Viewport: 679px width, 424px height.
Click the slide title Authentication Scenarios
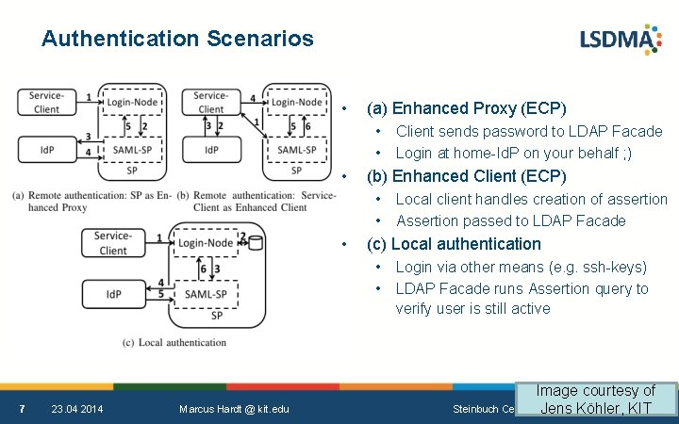point(177,39)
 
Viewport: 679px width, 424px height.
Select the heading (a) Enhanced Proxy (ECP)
point(466,107)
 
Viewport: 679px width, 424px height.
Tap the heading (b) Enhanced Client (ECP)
point(466,176)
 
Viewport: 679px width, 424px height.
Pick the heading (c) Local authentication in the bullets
point(454,244)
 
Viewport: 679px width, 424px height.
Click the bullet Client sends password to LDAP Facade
point(529,131)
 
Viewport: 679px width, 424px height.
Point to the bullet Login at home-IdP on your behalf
point(514,153)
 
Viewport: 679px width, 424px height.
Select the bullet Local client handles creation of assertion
point(531,199)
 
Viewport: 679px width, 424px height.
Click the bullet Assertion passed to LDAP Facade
point(510,220)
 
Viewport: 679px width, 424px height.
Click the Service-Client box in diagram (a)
point(46,102)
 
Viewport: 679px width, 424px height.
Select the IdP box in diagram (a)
point(46,150)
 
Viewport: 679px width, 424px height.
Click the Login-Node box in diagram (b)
point(296,102)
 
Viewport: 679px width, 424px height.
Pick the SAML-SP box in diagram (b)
point(296,150)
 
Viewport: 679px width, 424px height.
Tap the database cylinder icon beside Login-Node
point(255,243)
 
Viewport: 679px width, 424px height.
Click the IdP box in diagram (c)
point(113,293)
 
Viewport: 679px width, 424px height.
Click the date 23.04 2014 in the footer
point(77,408)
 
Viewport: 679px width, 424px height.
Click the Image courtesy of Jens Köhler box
point(596,399)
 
